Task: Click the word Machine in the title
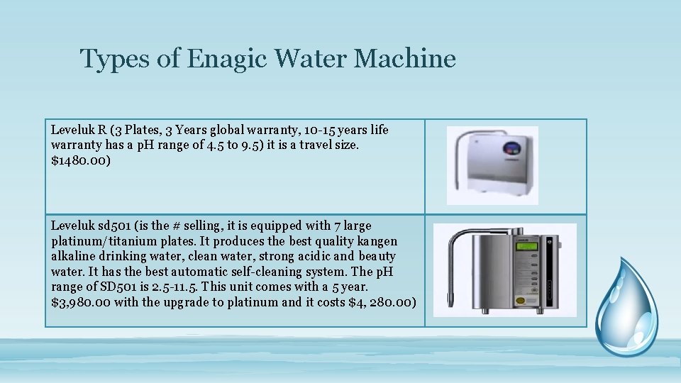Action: click(404, 58)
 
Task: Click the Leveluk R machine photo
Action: click(492, 165)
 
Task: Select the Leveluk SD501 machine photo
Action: click(504, 270)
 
